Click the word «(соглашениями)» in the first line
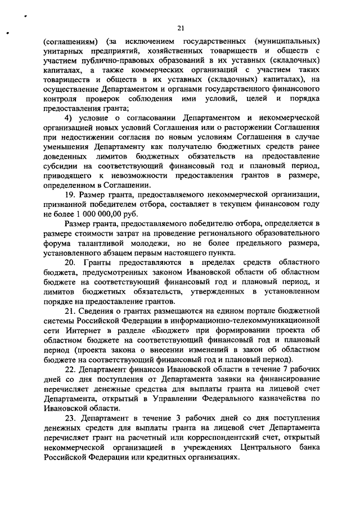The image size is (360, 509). (69, 43)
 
